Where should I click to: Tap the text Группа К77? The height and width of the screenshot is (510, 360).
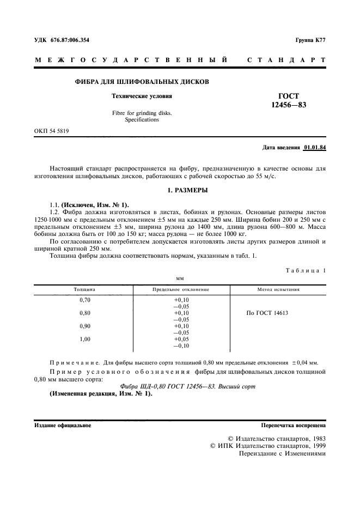pos(310,41)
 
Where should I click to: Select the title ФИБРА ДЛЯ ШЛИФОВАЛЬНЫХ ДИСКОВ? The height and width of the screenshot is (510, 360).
pos(142,82)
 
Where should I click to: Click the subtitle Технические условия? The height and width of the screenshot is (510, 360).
pos(142,96)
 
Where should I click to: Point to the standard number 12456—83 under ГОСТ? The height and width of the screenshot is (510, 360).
pos(289,105)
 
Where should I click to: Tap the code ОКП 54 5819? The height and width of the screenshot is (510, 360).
pos(52,131)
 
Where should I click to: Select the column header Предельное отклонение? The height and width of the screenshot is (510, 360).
pos(180,289)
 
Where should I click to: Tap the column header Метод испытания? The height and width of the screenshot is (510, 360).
pos(278,289)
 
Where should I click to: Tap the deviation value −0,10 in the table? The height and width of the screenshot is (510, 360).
pos(180,345)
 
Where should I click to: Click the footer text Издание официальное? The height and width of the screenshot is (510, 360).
pos(63,425)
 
